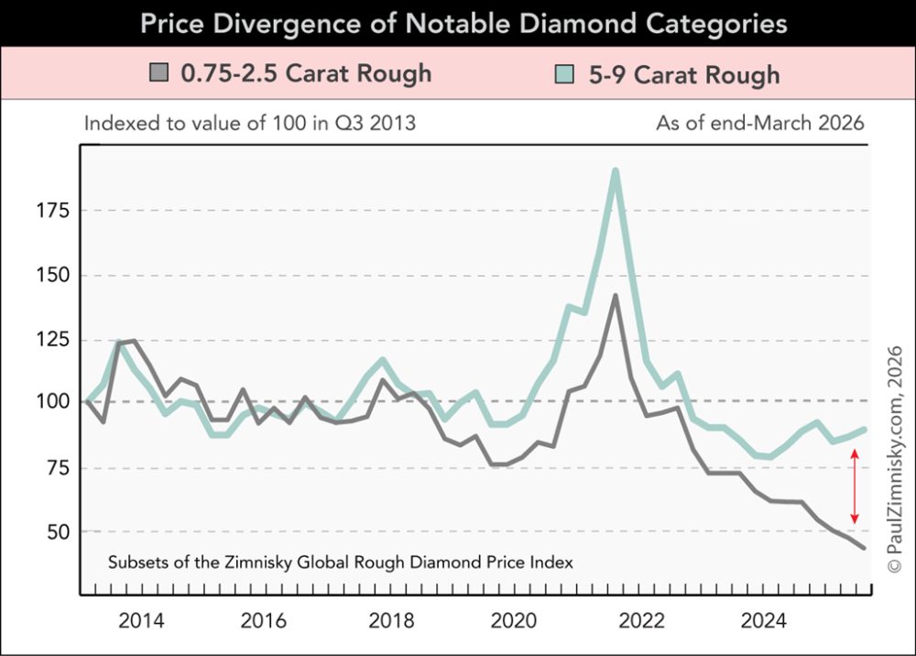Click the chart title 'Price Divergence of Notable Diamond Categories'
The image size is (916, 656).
pos(463,23)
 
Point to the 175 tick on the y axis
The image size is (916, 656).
pos(50,212)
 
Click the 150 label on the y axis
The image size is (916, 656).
pos(50,276)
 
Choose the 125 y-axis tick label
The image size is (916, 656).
pos(50,340)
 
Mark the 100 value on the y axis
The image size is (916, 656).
pos(50,402)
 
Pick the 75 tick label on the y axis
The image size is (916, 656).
pos(55,467)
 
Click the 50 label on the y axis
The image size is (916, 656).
pos(55,531)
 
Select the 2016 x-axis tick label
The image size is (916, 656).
pos(265,620)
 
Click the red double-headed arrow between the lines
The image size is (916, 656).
pos(855,487)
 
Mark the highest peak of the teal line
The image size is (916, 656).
pos(616,170)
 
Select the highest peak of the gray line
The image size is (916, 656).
pos(616,295)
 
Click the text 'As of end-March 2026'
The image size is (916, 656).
pos(760,123)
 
